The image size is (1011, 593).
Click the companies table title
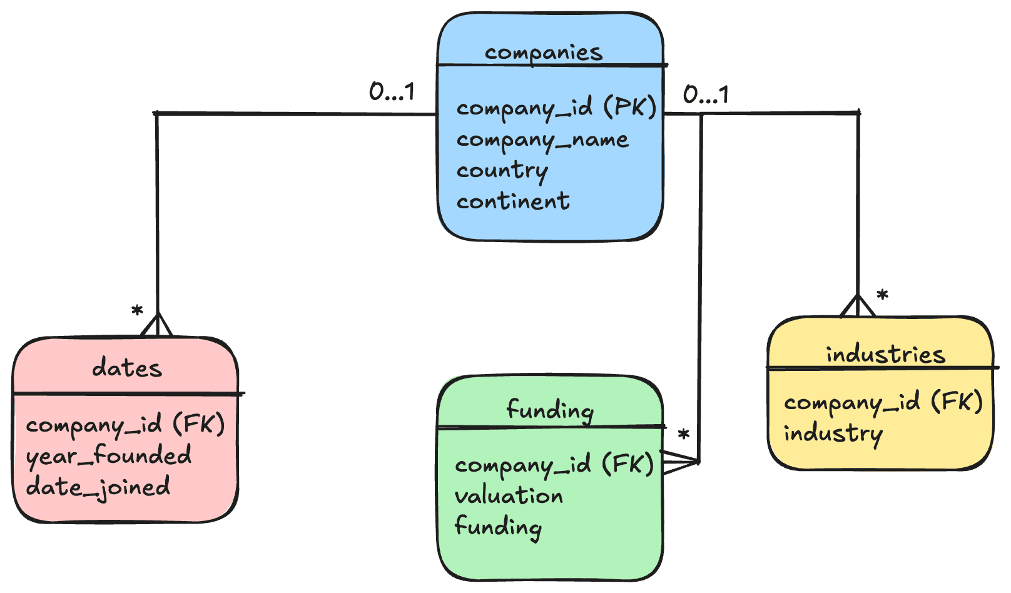(543, 53)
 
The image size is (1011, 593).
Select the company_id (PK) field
(556, 108)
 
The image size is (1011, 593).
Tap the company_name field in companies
(542, 139)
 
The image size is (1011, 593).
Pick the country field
(502, 170)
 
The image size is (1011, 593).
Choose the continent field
(513, 201)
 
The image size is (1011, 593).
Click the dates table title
(127, 368)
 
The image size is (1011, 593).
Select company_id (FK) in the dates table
(125, 425)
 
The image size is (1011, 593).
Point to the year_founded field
(109, 455)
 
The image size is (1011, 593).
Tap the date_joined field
(98, 487)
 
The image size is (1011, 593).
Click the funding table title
(550, 410)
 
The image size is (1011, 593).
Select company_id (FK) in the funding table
(554, 464)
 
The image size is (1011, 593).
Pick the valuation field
(509, 496)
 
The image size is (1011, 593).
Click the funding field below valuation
(498, 527)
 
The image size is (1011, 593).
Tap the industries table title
(885, 355)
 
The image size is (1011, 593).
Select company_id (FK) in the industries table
(883, 402)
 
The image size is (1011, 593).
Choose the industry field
(833, 433)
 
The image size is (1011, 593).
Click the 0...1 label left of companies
(392, 93)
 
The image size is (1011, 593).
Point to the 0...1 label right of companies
(706, 95)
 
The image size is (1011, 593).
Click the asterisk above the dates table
(137, 311)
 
